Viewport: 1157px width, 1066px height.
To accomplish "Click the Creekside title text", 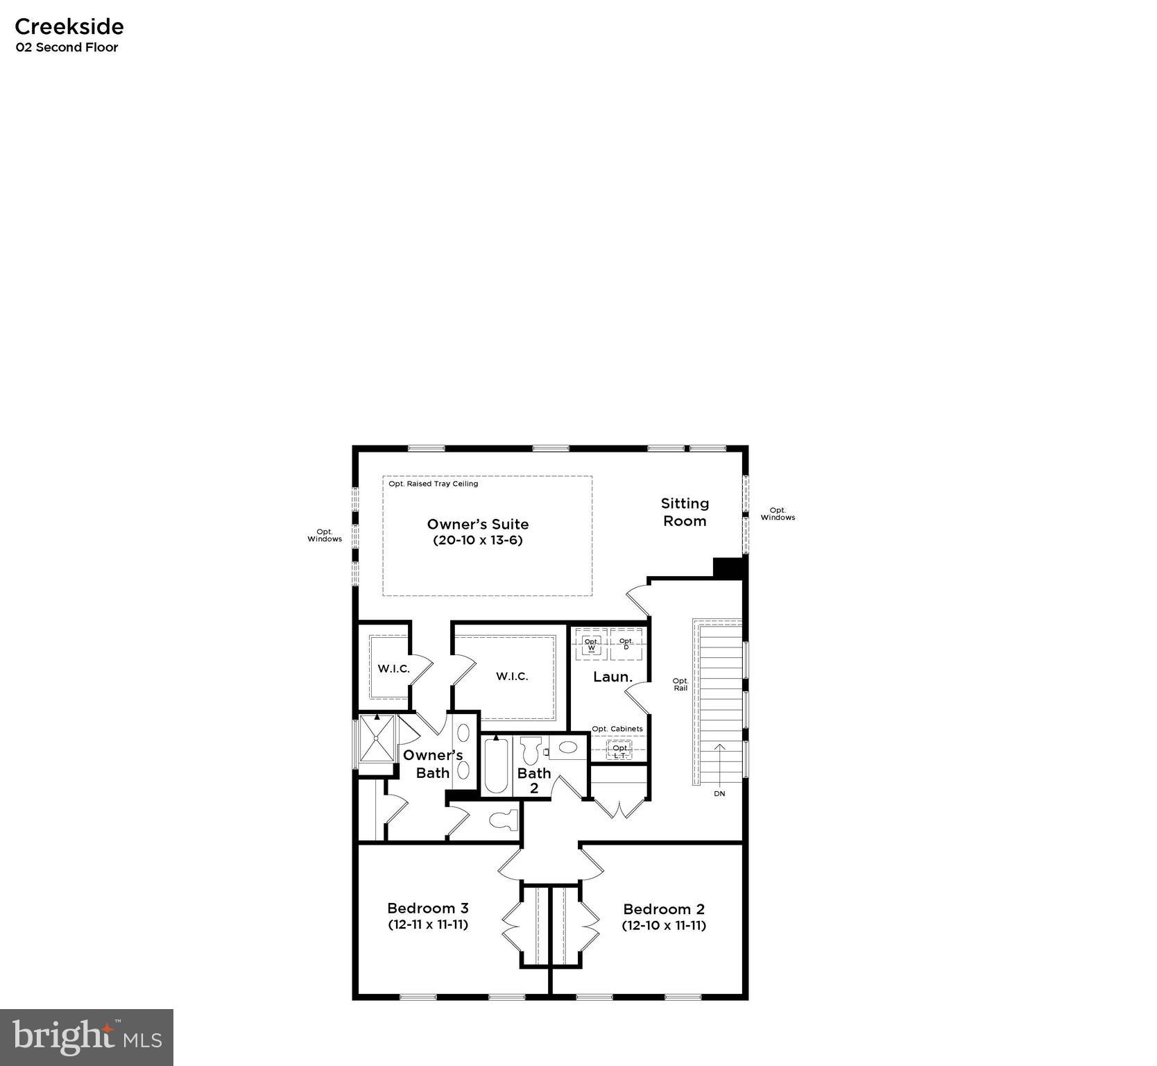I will (x=69, y=26).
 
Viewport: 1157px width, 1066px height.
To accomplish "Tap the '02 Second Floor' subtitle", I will (x=67, y=47).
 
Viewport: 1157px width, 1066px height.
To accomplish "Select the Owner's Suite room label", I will (x=477, y=524).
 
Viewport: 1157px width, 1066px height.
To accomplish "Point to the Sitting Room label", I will (x=685, y=512).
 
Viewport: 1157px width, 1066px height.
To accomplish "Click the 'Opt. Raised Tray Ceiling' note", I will (x=433, y=484).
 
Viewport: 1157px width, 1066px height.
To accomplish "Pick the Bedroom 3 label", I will (x=427, y=908).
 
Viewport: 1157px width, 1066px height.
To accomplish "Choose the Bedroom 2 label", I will (x=664, y=908).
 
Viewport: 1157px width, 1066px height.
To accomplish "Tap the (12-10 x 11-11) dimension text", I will (x=664, y=925).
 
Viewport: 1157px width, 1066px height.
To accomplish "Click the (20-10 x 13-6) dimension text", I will (x=477, y=540).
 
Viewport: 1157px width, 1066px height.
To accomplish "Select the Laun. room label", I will (x=612, y=677).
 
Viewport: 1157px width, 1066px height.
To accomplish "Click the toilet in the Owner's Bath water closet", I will (x=504, y=820).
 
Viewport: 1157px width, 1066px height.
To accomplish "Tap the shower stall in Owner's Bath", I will (x=377, y=738).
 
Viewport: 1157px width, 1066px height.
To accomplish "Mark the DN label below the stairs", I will (x=719, y=793).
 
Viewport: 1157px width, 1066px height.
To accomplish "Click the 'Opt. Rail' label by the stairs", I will (x=680, y=684).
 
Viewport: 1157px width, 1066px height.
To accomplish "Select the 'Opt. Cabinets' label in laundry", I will (x=617, y=729).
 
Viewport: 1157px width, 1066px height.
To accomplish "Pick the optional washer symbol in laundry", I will (x=592, y=645).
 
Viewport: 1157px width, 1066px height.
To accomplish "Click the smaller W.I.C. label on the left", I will (x=393, y=669).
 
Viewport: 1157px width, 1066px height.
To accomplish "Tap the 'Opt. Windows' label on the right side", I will (x=778, y=514).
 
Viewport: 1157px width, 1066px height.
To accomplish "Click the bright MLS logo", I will (x=87, y=1037).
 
